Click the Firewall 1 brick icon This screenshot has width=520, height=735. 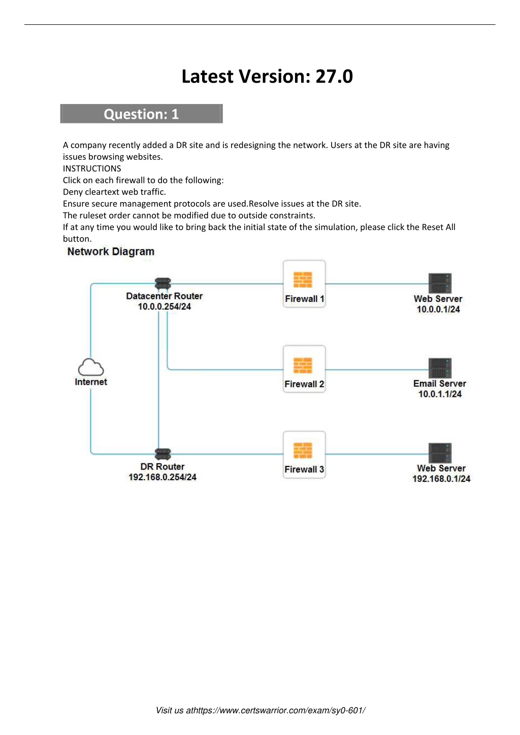point(303,280)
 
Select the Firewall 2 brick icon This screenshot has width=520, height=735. point(303,365)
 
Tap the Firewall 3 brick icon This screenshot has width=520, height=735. point(303,450)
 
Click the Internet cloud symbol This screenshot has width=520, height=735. point(91,367)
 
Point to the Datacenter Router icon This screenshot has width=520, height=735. point(163,284)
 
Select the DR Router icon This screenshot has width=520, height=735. point(163,454)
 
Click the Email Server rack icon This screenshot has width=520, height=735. point(440,368)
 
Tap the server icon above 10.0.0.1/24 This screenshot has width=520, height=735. point(440,283)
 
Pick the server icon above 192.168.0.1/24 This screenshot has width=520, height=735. point(440,453)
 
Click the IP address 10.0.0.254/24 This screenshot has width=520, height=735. point(164,307)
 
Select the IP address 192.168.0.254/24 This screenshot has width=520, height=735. point(162,477)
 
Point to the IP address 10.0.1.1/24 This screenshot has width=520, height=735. point(440,394)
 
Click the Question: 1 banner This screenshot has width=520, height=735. point(142,114)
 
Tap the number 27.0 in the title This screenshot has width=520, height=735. point(334,76)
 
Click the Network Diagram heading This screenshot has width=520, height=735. point(111,252)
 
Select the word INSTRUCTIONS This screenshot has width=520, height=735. point(92,169)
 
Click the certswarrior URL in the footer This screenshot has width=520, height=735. point(276,711)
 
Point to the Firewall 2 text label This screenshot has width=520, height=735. point(304,384)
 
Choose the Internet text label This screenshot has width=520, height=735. point(91,382)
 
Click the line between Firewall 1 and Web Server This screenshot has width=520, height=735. point(377,284)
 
